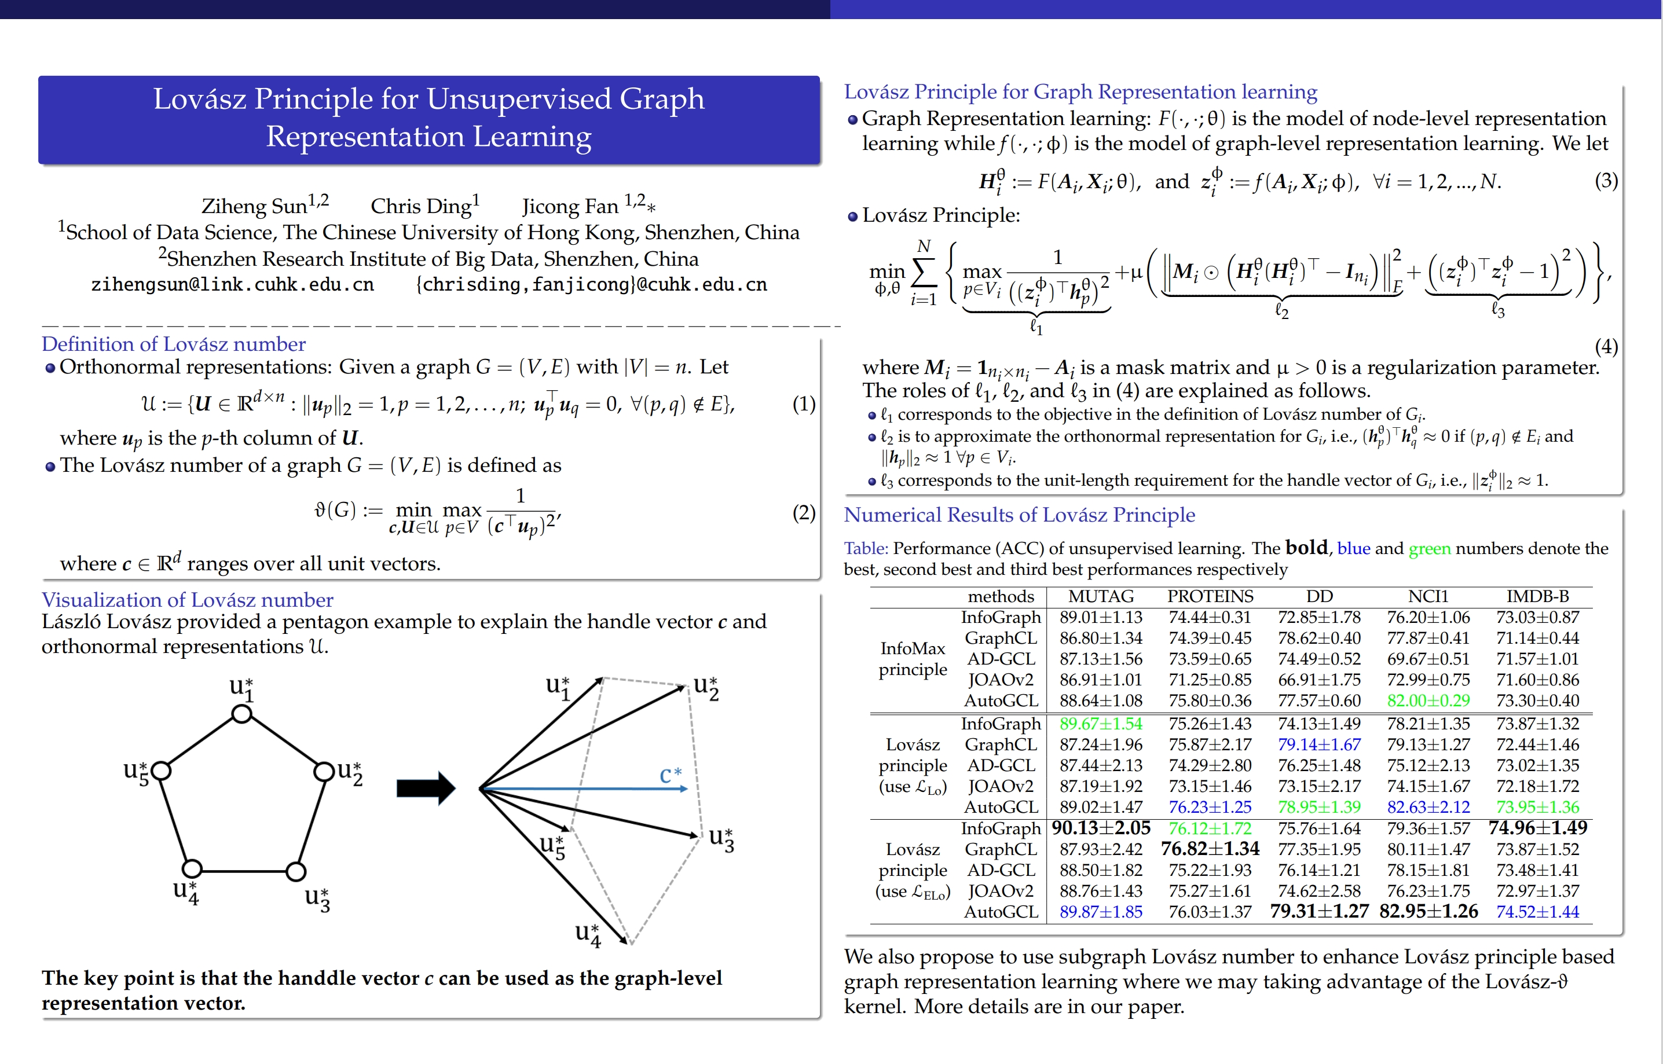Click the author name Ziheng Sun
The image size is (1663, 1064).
point(254,206)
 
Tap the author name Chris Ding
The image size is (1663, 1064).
point(421,206)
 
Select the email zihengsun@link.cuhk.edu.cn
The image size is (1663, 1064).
point(232,285)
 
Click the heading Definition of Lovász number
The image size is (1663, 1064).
point(173,344)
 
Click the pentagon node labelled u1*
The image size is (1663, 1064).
point(241,714)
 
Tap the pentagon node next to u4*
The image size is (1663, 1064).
point(192,868)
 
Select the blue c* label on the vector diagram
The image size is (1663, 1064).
point(670,775)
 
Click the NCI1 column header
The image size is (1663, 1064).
point(1427,596)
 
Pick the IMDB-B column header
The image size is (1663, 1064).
point(1537,596)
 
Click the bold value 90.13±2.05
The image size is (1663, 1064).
point(1101,828)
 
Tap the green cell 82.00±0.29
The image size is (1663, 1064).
point(1428,700)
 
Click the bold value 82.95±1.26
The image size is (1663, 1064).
point(1428,911)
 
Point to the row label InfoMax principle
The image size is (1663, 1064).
point(912,658)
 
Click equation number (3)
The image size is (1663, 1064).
point(1606,181)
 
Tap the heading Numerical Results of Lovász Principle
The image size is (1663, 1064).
point(1019,515)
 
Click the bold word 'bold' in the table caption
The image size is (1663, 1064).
point(1306,548)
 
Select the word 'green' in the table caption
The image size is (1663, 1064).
point(1430,549)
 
